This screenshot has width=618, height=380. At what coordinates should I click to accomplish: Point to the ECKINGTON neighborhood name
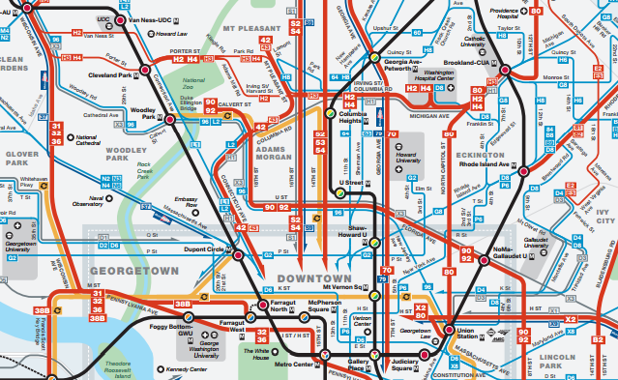click(x=481, y=153)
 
